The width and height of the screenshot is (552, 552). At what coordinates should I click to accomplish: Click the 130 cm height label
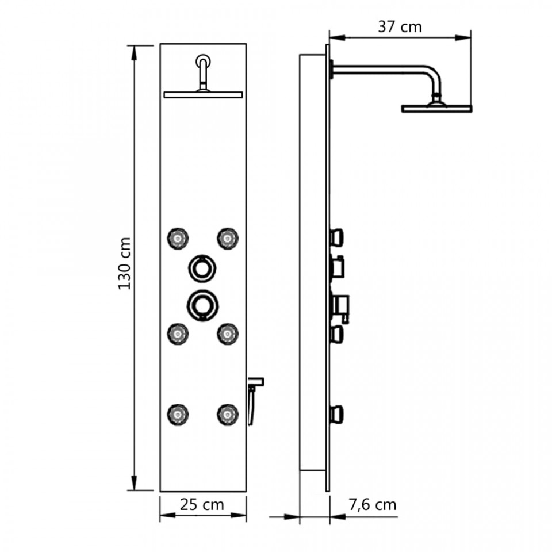[x=124, y=264]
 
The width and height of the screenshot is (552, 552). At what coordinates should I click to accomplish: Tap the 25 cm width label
[x=202, y=505]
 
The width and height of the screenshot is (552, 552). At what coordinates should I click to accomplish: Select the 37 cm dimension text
[x=400, y=27]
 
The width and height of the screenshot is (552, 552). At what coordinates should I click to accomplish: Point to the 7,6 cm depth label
[x=373, y=505]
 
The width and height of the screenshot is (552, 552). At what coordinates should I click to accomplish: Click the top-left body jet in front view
[x=178, y=239]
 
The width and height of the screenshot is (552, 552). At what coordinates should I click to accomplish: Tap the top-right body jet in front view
[x=228, y=239]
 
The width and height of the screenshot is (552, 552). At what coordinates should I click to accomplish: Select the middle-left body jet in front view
[x=178, y=333]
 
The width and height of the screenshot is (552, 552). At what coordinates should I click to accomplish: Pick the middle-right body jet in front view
[x=228, y=333]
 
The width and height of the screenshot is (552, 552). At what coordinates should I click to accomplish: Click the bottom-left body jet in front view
[x=178, y=414]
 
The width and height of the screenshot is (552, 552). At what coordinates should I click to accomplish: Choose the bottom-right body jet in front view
[x=228, y=414]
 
